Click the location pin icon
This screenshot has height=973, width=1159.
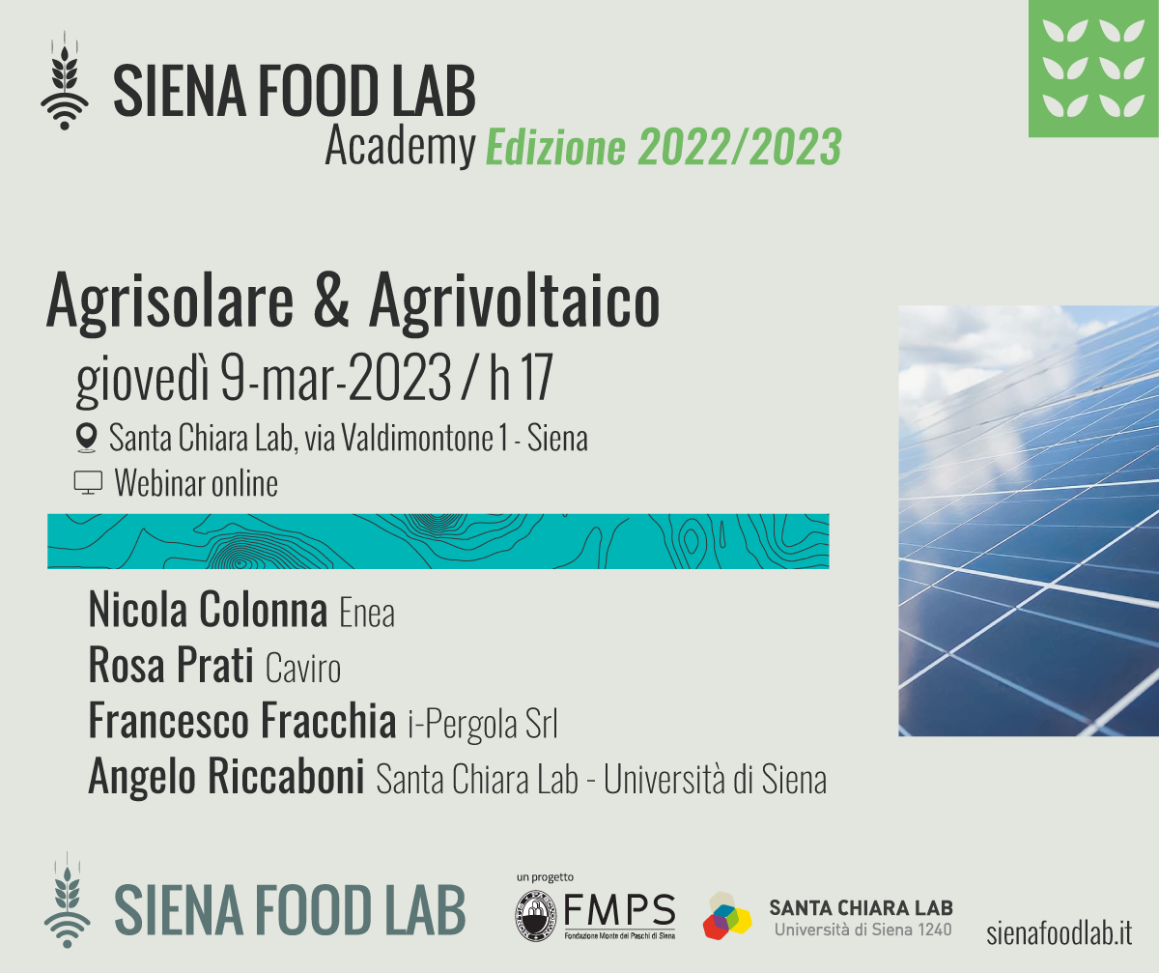[86, 438]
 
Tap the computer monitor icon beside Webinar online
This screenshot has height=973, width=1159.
[88, 482]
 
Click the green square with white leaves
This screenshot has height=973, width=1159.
[1093, 69]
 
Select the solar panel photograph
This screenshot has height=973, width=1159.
[1029, 521]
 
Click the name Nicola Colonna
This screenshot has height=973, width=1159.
[209, 611]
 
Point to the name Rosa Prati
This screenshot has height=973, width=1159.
[171, 666]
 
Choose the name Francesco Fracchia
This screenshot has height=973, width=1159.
[242, 720]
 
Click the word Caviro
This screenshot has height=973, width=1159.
[303, 669]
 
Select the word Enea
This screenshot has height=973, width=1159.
[367, 614]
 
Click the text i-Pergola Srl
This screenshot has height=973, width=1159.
[483, 724]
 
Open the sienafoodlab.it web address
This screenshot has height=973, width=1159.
[1060, 933]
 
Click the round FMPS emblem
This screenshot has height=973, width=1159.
[536, 916]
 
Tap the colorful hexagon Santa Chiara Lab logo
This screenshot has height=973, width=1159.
[727, 916]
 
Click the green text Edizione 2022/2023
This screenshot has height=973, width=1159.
[664, 147]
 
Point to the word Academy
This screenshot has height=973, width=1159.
[400, 147]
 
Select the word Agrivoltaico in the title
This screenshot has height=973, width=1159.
[515, 302]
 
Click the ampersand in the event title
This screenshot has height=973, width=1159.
[331, 300]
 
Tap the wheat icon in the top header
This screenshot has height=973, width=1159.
[65, 80]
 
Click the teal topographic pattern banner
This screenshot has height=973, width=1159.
[438, 541]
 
